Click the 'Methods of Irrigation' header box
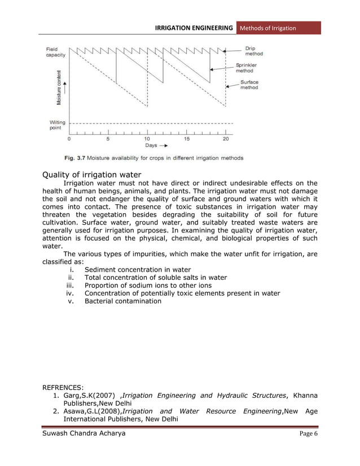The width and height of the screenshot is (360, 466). tap(278, 28)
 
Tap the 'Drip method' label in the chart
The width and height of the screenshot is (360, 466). tap(253, 51)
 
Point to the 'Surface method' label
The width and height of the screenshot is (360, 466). tap(249, 85)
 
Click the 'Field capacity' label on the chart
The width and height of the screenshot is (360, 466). tap(55, 52)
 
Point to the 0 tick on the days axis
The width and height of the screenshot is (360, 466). tap(69, 138)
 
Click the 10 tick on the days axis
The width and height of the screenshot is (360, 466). tap(147, 138)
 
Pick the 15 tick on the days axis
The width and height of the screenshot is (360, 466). tap(186, 138)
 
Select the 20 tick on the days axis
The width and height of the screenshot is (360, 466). tap(226, 138)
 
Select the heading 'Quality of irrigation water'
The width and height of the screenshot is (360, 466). tap(92, 174)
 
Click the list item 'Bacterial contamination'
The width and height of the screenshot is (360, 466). tap(122, 301)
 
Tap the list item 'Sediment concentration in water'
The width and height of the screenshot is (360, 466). tap(137, 270)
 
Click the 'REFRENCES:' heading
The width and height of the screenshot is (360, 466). tap(63, 388)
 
